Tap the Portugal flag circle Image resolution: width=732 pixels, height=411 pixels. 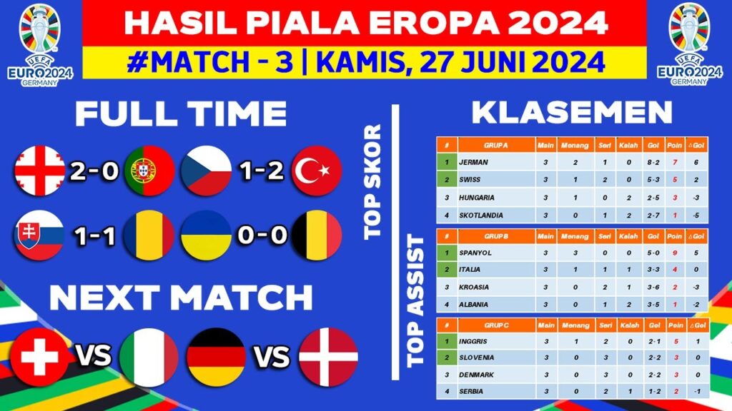pyautogui.click(x=149, y=171)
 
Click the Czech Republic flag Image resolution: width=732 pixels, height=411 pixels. pyautogui.click(x=206, y=171)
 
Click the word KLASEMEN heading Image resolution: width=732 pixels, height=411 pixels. pyautogui.click(x=573, y=113)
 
